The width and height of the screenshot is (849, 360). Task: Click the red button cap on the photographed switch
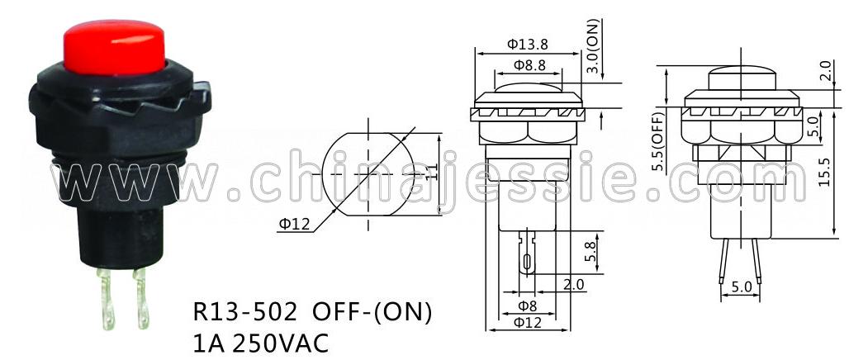(114, 47)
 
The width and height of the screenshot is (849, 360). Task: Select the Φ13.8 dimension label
(528, 45)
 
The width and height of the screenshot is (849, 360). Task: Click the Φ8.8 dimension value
(528, 65)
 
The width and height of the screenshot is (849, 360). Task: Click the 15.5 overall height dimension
(824, 172)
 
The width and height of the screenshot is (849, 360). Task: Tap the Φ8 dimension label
(528, 306)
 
